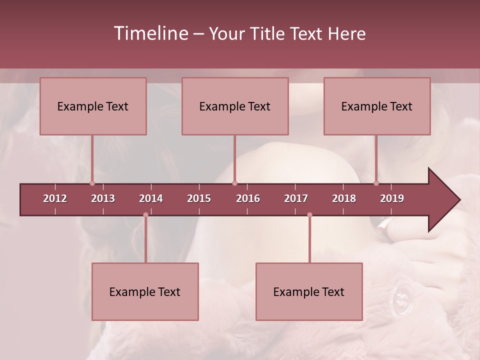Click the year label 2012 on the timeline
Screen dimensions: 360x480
55,198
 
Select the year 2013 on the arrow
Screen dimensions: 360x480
103,198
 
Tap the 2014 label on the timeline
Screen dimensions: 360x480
151,198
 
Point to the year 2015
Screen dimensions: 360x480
199,198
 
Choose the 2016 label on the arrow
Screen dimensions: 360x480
248,198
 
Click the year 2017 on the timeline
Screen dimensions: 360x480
296,198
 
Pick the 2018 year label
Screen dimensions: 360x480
344,198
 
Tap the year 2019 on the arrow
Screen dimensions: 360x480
392,198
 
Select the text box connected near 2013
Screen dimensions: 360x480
93,106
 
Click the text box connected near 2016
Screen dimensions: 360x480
235,106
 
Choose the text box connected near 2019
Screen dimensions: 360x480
377,106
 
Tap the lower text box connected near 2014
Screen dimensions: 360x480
145,291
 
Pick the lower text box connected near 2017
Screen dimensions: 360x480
309,291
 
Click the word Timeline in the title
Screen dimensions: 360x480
151,33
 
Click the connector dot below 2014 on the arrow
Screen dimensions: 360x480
145,215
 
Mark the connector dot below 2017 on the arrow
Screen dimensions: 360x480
309,215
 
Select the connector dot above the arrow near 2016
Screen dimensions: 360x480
234,183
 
